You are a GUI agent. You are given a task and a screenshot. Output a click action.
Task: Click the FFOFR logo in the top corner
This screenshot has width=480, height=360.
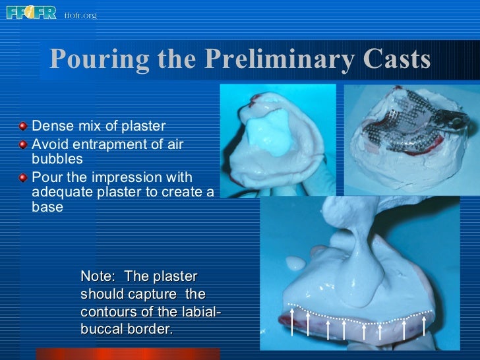(31, 12)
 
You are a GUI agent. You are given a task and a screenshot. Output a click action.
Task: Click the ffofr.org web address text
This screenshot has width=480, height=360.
(80, 15)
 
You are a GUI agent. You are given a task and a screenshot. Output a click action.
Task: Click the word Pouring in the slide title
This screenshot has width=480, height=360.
(90, 60)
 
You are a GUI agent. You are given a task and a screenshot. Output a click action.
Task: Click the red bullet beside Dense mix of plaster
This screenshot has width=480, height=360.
(24, 126)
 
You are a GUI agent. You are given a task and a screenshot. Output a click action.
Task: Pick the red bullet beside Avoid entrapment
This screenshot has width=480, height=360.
(24, 143)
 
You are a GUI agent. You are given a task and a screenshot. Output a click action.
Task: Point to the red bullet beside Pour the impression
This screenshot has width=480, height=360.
(24, 177)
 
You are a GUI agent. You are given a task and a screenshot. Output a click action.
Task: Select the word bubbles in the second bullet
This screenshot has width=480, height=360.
(57, 159)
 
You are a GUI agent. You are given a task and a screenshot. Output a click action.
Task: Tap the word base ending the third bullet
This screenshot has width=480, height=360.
(47, 207)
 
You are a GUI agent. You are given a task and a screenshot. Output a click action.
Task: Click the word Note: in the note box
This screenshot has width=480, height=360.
(99, 276)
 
